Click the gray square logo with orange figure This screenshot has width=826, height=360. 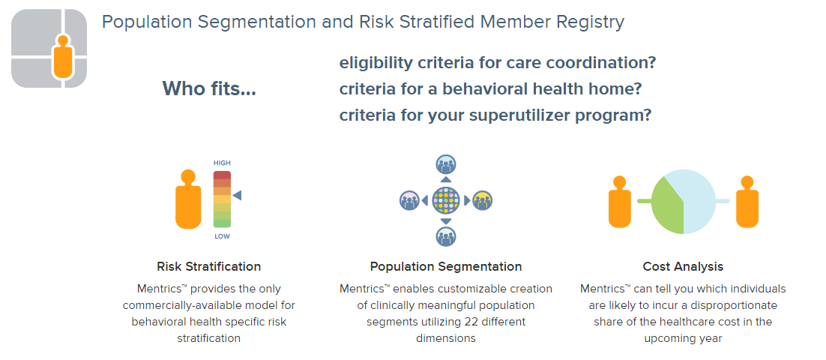(x=49, y=49)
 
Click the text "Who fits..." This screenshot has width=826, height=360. (x=209, y=88)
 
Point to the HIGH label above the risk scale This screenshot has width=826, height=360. (x=222, y=163)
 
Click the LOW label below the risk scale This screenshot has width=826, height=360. (x=222, y=237)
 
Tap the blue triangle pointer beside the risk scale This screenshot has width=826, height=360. (x=237, y=196)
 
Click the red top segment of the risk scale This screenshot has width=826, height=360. (x=222, y=175)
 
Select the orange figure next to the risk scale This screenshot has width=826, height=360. (x=188, y=199)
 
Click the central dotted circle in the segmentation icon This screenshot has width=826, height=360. (x=446, y=200)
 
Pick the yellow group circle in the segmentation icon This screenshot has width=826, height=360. (x=482, y=200)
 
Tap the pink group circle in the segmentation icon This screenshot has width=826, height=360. (x=409, y=200)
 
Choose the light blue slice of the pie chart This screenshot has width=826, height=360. (x=696, y=200)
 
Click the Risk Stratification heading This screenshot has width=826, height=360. (x=209, y=266)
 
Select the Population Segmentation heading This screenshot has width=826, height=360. (x=446, y=266)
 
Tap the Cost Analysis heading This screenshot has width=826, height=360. (x=684, y=266)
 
